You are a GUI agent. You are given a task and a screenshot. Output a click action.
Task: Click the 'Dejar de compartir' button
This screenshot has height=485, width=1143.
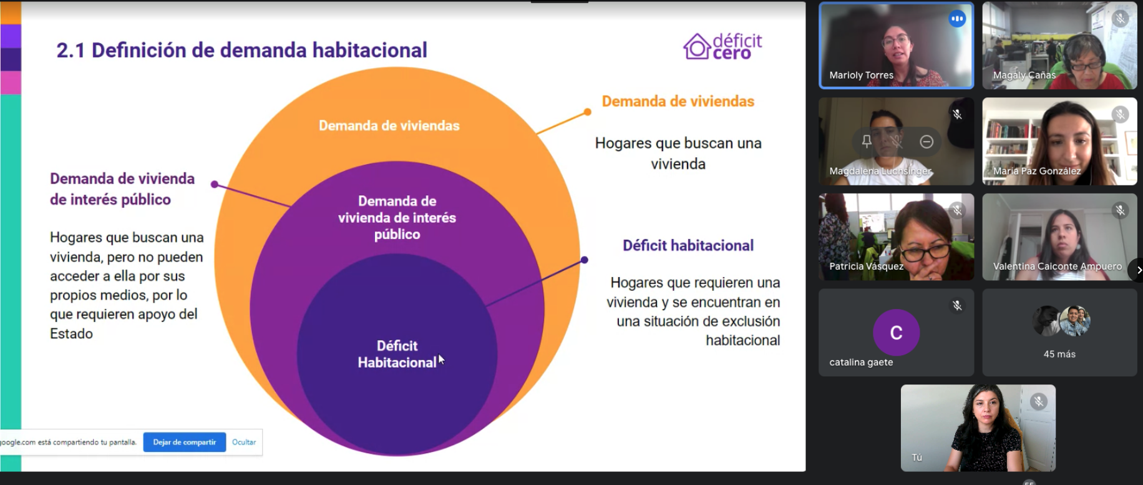[185, 442]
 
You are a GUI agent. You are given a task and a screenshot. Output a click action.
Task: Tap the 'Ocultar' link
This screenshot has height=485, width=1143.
[244, 442]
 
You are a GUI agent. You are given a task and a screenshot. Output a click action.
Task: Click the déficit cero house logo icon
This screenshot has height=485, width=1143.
[697, 46]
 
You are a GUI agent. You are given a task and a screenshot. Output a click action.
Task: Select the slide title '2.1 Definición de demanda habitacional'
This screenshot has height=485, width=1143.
[241, 50]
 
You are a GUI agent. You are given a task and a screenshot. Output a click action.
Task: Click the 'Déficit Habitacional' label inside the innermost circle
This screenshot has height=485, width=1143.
[397, 354]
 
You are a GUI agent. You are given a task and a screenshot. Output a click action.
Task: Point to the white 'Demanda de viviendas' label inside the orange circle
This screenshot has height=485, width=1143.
[389, 125]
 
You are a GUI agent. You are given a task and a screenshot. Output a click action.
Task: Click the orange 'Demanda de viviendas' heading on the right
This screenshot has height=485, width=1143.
[678, 101]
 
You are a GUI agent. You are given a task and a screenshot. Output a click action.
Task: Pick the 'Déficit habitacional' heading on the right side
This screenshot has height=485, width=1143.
[688, 245]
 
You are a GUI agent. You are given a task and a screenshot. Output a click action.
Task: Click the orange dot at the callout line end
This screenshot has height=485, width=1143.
[587, 112]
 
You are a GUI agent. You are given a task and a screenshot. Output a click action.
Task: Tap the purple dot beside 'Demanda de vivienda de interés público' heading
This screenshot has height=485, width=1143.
[215, 184]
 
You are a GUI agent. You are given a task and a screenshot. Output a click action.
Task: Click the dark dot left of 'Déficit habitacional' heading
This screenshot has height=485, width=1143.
[584, 260]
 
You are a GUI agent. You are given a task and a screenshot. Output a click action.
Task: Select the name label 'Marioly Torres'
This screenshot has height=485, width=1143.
[861, 75]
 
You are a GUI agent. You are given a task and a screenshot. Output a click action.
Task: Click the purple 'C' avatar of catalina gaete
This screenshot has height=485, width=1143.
[896, 333]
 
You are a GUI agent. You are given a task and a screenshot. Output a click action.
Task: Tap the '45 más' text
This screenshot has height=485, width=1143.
[1059, 354]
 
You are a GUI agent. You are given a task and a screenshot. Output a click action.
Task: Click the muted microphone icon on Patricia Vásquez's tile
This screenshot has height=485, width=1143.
[957, 210]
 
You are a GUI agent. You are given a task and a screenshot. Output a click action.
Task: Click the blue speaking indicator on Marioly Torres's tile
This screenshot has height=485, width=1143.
[957, 19]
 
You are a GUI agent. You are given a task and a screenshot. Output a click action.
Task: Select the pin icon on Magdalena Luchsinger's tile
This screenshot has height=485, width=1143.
[867, 142]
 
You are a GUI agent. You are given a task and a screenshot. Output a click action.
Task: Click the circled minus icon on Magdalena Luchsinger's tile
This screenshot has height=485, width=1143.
[927, 142]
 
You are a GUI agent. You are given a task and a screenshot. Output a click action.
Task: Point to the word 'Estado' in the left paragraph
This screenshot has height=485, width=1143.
[71, 333]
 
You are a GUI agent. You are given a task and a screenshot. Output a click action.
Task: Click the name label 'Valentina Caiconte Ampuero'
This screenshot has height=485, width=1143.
[1057, 267]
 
